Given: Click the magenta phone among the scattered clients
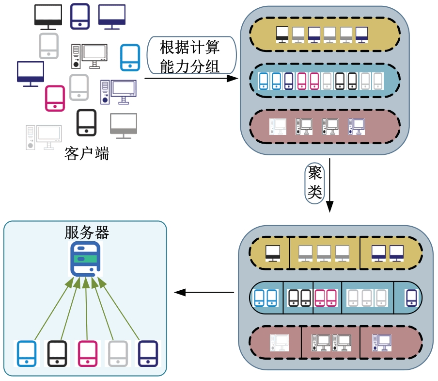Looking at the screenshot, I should point(55,99).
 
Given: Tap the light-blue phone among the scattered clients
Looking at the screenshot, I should point(130,57).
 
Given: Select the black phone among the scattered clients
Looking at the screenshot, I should point(86,122).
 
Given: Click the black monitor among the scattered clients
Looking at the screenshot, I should point(48,16).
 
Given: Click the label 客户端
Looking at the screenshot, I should point(86,154).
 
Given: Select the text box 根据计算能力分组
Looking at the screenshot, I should point(190,56).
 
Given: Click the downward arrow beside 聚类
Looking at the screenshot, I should point(329,184).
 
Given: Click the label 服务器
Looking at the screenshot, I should point(86,232).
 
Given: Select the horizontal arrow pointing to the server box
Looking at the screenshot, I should point(203,292).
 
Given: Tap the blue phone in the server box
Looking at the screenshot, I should point(27,353).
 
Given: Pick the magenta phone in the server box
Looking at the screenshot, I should point(88,353).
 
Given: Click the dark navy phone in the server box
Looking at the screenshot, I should point(148,353).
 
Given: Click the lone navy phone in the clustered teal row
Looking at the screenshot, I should point(411,298).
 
